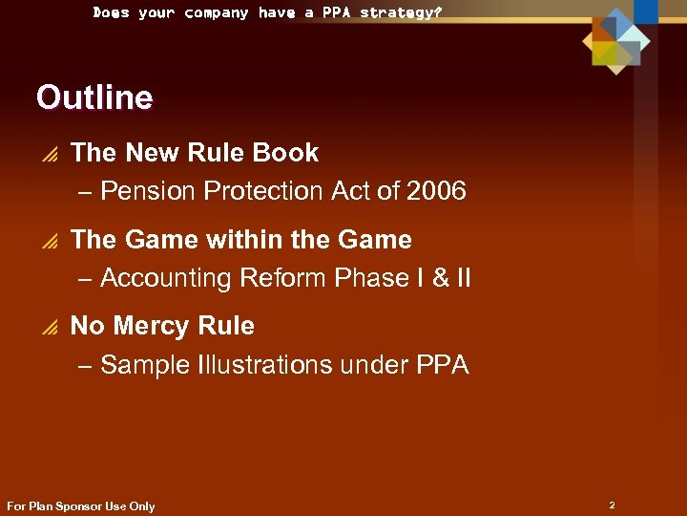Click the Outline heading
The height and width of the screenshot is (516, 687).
point(94,97)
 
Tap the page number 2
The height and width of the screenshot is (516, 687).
point(612,504)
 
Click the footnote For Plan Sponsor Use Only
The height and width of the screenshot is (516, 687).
point(80,506)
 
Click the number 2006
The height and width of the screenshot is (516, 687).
point(436,191)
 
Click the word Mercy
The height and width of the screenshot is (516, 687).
point(156,326)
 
